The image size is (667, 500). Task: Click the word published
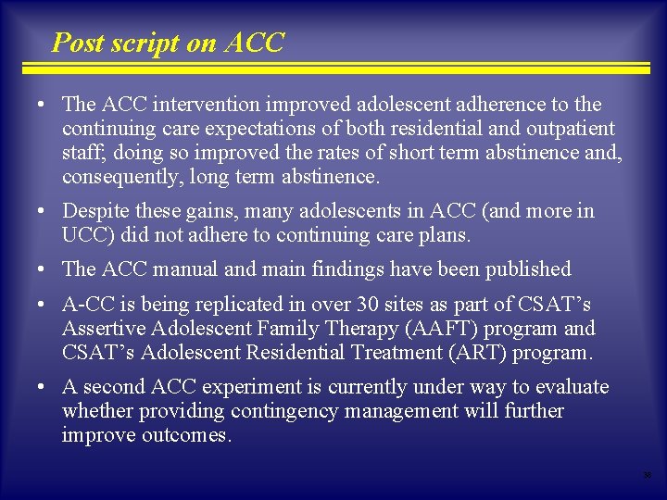click(x=526, y=269)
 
